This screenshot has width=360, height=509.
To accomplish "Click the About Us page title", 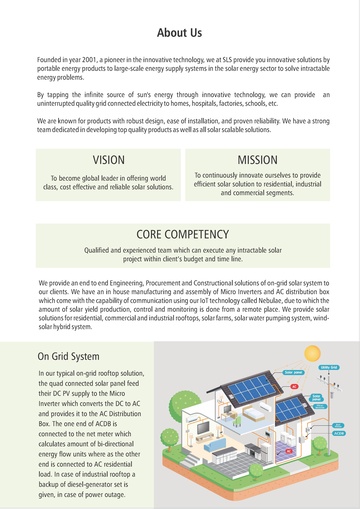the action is (x=179, y=33).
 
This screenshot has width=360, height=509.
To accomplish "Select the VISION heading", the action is (x=108, y=160).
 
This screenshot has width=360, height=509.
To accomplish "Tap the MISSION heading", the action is (x=257, y=160).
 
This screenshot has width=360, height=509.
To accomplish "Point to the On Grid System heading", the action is (x=67, y=356).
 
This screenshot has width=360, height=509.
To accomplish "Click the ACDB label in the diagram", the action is (x=338, y=434).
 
